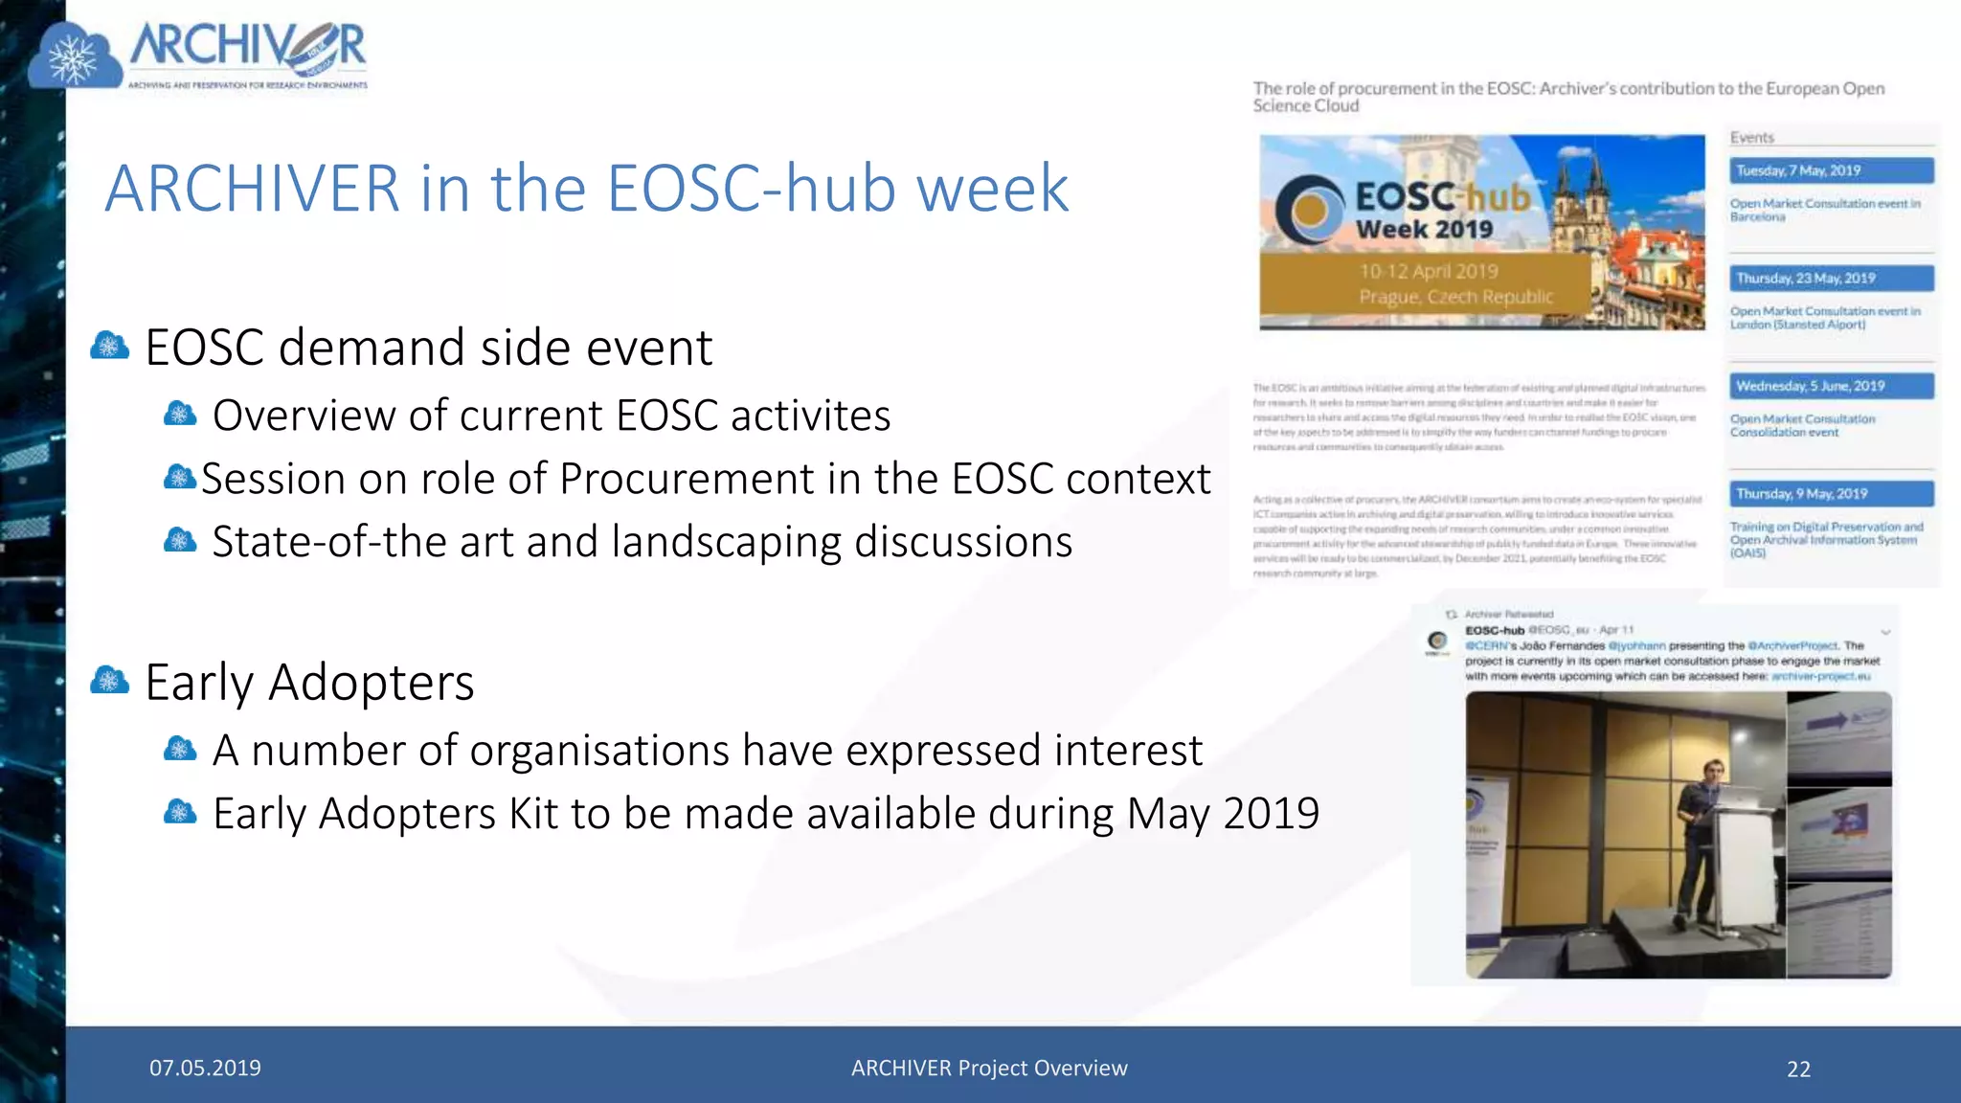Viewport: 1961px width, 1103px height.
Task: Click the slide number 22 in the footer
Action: pyautogui.click(x=1798, y=1069)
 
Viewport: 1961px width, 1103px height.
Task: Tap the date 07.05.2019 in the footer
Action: pyautogui.click(x=205, y=1069)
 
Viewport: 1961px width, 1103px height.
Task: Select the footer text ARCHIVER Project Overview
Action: pyautogui.click(x=989, y=1069)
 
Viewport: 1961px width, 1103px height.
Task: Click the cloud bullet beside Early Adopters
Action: pyautogui.click(x=109, y=681)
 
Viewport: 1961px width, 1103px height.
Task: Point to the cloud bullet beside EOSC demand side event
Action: pyautogui.click(x=109, y=346)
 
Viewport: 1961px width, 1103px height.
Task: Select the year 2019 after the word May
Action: pyautogui.click(x=1272, y=814)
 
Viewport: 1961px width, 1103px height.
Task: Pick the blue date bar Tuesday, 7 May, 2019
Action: pyautogui.click(x=1831, y=171)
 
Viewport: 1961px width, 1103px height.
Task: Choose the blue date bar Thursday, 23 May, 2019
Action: pyautogui.click(x=1831, y=279)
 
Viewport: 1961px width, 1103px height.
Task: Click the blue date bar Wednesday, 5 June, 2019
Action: pyautogui.click(x=1831, y=387)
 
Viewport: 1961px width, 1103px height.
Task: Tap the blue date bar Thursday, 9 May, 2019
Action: pyautogui.click(x=1831, y=494)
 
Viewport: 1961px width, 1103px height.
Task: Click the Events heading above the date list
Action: pyautogui.click(x=1752, y=138)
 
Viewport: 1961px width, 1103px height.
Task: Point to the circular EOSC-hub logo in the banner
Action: pyautogui.click(x=1310, y=210)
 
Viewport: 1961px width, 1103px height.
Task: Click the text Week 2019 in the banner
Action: pyautogui.click(x=1424, y=230)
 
